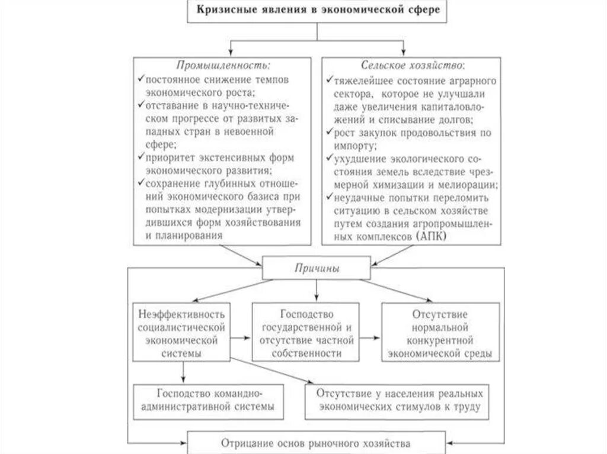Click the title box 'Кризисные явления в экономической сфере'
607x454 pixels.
pos(315,11)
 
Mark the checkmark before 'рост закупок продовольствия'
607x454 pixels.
pos(329,132)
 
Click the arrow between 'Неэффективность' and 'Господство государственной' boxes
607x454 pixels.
pos(241,338)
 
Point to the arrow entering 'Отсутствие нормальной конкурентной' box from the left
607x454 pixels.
pos(370,338)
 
